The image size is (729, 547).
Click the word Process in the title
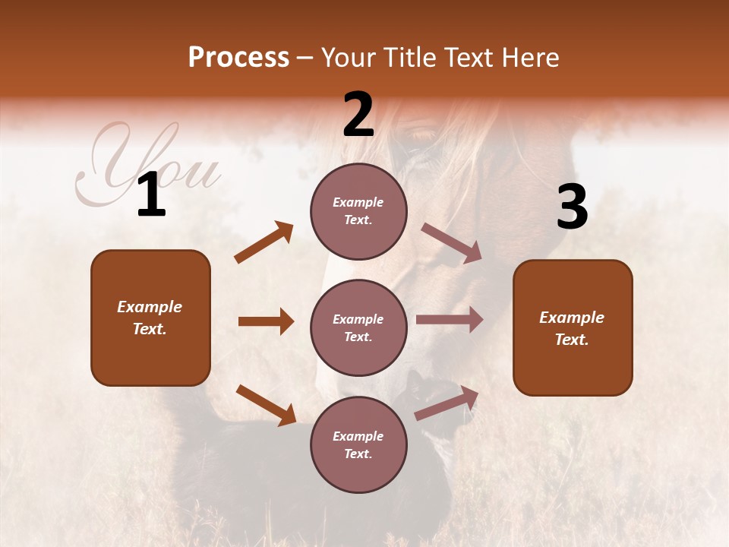coord(238,58)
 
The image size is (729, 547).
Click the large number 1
coord(151,195)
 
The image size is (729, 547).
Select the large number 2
coord(358,115)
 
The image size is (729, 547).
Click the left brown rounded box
coord(150,318)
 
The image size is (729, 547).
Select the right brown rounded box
coord(573,328)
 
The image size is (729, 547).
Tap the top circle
coord(358,211)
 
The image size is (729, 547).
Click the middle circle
coord(358,327)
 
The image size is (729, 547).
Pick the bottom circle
coord(358,444)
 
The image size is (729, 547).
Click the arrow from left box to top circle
coord(264,242)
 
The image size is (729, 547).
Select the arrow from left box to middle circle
coord(266,321)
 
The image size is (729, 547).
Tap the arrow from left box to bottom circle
coord(266,405)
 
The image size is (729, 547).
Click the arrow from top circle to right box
coord(451,243)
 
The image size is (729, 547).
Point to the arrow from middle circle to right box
coord(449,320)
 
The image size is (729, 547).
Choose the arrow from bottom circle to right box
coord(447,403)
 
